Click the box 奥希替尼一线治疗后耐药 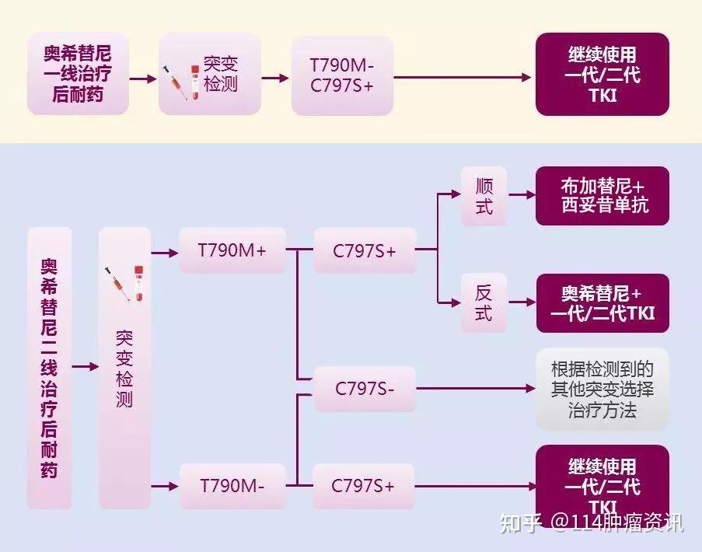(x=78, y=74)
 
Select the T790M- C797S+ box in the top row (x=341, y=74)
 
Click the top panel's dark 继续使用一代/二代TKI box (x=602, y=74)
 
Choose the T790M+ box (x=232, y=250)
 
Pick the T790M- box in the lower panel (x=232, y=486)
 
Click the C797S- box (x=365, y=389)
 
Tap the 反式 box (x=484, y=303)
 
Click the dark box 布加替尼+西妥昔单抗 (x=602, y=196)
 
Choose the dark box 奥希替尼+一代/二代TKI (x=602, y=303)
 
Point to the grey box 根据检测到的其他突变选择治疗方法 (x=602, y=389)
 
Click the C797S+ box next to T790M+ (x=365, y=250)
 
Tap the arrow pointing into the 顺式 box (x=450, y=195)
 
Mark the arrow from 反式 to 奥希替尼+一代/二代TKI (x=521, y=303)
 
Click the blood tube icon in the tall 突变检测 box (x=138, y=283)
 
